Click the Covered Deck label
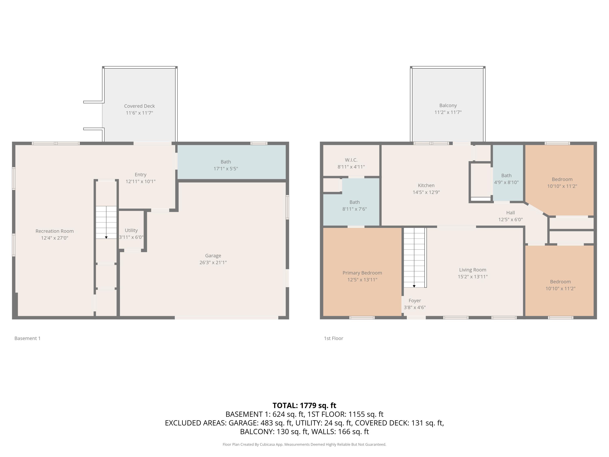click(139, 106)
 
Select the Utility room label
click(131, 230)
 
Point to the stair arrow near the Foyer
click(414, 286)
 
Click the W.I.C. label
click(351, 160)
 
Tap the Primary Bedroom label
click(362, 273)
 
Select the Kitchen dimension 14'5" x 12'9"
click(426, 192)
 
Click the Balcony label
click(448, 105)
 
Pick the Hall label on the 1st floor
click(510, 213)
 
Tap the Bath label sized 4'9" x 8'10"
click(506, 175)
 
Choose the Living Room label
click(472, 270)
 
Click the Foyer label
click(415, 301)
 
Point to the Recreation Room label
click(55, 231)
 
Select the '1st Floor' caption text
click(333, 338)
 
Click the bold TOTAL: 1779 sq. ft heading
click(304, 405)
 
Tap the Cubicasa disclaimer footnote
click(304, 444)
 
